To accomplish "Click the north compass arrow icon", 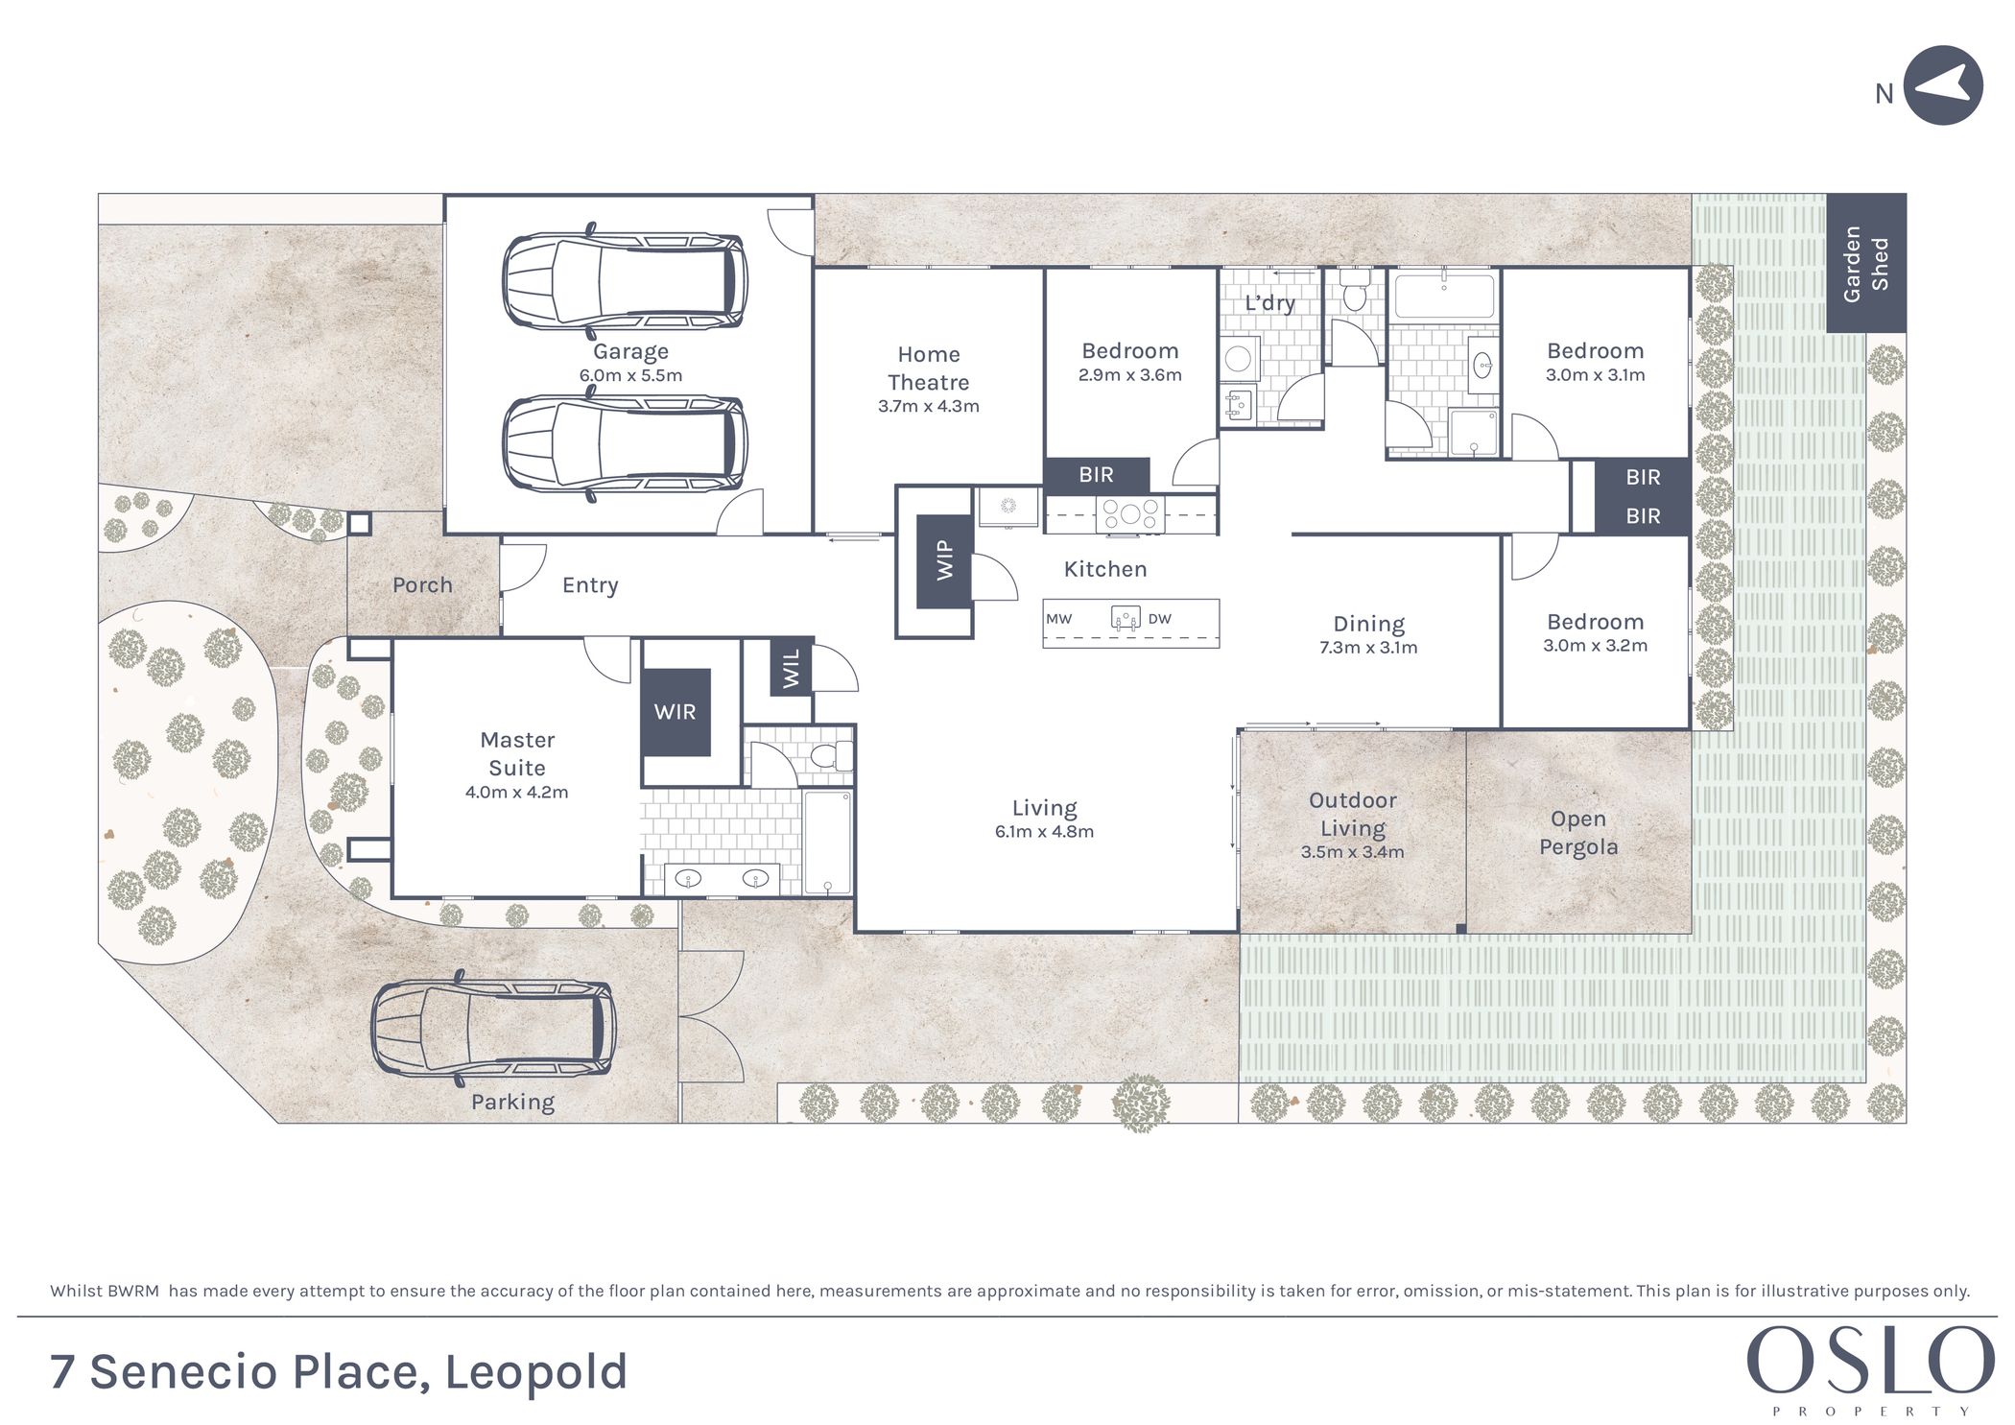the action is click(1943, 85).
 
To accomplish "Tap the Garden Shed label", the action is click(1865, 264).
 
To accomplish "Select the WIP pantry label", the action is click(945, 560).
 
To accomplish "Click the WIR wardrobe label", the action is click(675, 712).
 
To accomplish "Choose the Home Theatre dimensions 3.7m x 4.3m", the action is click(928, 406).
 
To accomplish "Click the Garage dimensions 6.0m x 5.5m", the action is click(630, 375).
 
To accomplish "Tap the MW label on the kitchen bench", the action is click(1058, 619).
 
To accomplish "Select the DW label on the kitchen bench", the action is click(1160, 619).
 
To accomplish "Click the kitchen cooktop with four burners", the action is click(1130, 514).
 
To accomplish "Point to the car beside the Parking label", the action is click(493, 1026).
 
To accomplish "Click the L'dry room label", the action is click(1269, 303).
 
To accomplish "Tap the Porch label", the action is click(422, 584).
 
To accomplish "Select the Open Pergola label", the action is click(1578, 833).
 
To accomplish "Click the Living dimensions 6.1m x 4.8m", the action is click(1044, 831).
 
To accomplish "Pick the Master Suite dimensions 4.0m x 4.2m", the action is click(516, 792).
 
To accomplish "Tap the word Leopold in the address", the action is click(535, 1372).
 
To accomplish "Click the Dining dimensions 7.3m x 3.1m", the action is click(1368, 648).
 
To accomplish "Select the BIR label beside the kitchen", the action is click(1096, 475).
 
